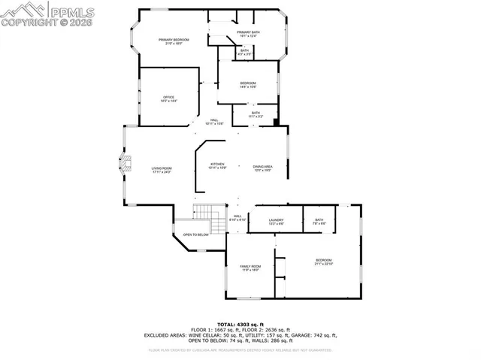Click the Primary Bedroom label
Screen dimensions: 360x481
173,41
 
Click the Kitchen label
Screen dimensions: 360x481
217,166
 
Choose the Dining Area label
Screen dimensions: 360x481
262,168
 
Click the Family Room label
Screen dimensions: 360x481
250,268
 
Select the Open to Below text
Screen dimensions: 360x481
195,234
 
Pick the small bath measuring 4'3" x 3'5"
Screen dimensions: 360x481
245,53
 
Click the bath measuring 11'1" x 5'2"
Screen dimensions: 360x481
256,115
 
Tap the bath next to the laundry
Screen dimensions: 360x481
319,222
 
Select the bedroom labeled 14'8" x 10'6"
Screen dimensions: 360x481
248,85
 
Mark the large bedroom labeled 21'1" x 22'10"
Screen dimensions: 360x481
323,263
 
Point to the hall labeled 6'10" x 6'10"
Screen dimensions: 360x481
237,219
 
